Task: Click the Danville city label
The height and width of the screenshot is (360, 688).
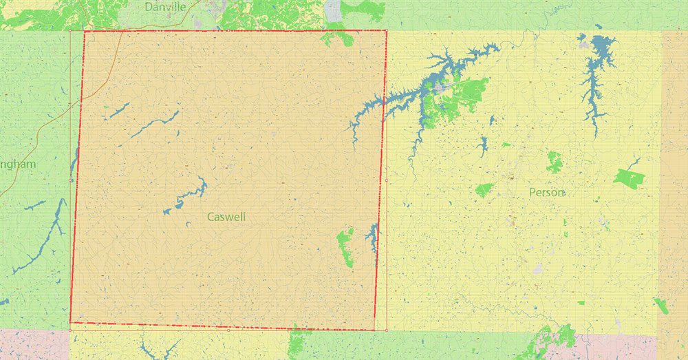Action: tap(166, 7)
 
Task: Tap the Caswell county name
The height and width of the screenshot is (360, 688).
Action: tap(226, 217)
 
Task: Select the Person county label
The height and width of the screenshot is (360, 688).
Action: tap(547, 192)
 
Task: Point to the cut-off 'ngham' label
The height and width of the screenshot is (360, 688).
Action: tap(17, 164)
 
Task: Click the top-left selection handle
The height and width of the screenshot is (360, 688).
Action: tap(70, 30)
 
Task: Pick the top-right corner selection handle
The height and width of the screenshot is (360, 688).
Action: tap(386, 30)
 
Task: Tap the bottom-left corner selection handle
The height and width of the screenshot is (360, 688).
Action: tap(70, 330)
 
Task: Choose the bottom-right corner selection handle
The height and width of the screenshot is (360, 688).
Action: tap(386, 330)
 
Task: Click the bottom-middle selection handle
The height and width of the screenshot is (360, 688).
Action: tap(228, 330)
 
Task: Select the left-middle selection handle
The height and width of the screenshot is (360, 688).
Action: tap(70, 180)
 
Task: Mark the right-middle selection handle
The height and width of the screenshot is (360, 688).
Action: tap(386, 180)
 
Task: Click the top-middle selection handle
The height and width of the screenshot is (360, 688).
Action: tap(228, 30)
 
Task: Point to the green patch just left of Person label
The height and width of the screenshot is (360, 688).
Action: tap(484, 189)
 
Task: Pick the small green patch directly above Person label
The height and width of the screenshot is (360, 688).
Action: tap(554, 162)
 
